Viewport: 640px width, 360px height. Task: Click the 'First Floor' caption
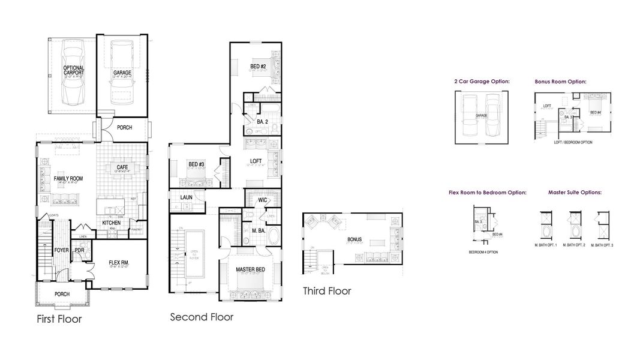pyautogui.click(x=59, y=319)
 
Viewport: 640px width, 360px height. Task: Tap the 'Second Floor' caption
pyautogui.click(x=202, y=316)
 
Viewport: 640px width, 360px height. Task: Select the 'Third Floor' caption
pyautogui.click(x=327, y=291)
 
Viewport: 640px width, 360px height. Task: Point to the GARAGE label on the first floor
pyautogui.click(x=122, y=73)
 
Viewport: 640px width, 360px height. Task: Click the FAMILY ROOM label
pyautogui.click(x=68, y=178)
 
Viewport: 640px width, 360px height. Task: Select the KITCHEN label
pyautogui.click(x=112, y=223)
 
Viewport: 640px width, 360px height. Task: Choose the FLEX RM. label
pyautogui.click(x=119, y=262)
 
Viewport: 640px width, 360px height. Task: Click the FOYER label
pyautogui.click(x=62, y=250)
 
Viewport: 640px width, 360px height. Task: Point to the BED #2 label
pyautogui.click(x=259, y=66)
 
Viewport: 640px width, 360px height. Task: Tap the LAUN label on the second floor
pyautogui.click(x=186, y=197)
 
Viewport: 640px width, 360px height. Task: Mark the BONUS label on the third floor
pyautogui.click(x=354, y=239)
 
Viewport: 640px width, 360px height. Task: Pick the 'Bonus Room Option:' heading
pyautogui.click(x=560, y=81)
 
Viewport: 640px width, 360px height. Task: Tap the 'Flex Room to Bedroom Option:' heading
pyautogui.click(x=487, y=193)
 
